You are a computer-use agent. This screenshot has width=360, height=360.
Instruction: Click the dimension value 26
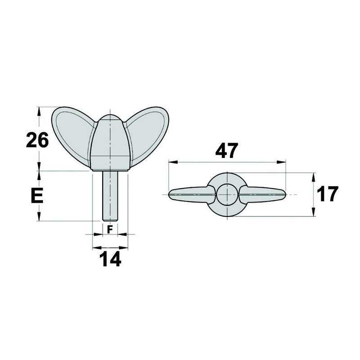pos(37,140)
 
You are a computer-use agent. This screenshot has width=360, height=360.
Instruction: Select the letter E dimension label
pos(37,196)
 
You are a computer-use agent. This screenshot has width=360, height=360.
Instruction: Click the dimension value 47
pos(226,151)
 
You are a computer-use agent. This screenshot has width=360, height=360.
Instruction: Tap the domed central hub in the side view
pos(110,139)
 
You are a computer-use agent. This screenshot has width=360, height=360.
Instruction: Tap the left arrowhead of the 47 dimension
pos(171,162)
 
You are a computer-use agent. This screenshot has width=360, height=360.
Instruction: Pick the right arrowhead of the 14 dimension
pos(125,247)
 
